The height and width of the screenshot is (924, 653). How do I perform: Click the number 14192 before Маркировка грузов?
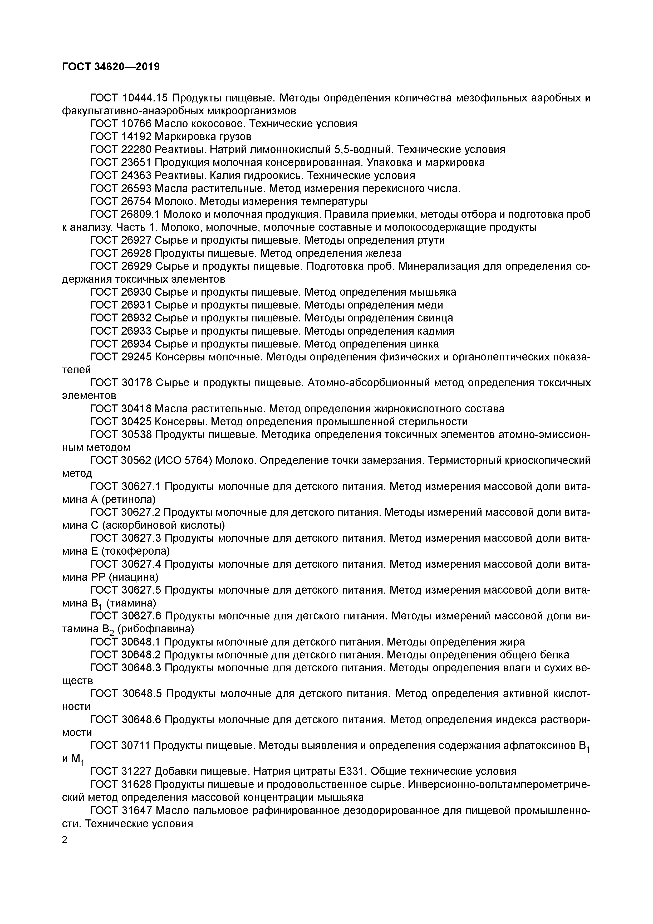[x=136, y=136]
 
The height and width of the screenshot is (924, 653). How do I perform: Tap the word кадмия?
[x=436, y=331]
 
